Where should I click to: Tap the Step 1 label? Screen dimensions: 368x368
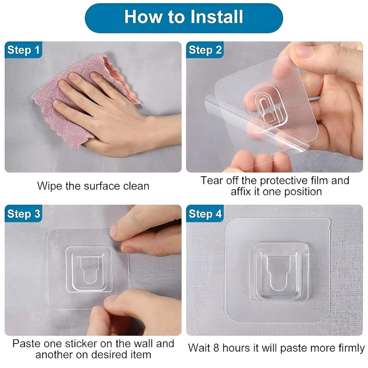pos(24,50)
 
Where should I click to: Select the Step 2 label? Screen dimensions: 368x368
pos(205,50)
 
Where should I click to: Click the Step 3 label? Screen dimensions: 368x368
pos(24,214)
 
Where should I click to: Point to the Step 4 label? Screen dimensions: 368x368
pos(205,214)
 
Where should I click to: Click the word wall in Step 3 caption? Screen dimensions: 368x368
pos(143,343)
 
